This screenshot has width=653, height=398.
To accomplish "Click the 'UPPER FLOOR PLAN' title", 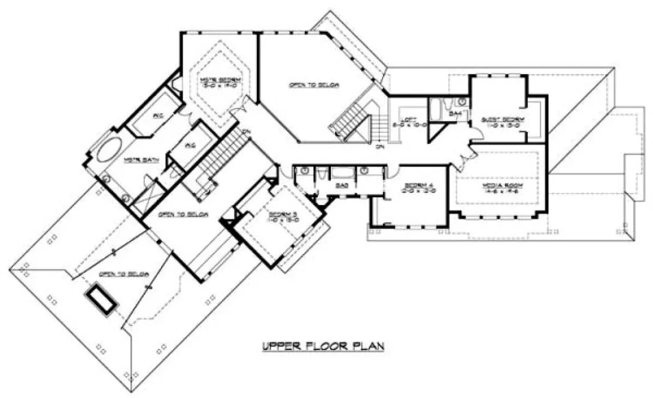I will click(321, 346).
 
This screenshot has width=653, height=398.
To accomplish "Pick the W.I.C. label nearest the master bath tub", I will click(158, 115).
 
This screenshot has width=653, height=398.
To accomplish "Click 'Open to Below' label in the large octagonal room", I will click(314, 85).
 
